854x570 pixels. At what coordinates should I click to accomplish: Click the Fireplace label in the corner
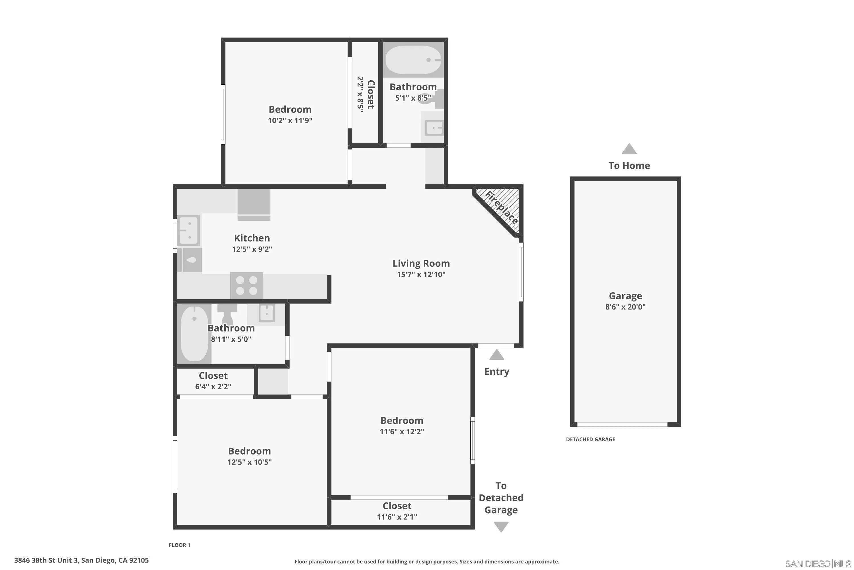point(501,207)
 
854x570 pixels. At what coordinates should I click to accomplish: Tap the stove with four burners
point(247,285)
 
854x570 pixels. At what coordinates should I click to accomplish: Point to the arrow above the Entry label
point(496,355)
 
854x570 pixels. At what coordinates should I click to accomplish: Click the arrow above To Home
point(629,149)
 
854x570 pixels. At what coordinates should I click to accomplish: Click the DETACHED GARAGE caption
point(590,439)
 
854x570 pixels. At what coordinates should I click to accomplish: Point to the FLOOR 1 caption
point(179,545)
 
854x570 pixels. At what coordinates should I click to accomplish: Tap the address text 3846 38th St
point(81,560)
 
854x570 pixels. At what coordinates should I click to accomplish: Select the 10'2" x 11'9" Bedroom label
point(290,115)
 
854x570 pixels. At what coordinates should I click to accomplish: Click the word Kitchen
point(252,238)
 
